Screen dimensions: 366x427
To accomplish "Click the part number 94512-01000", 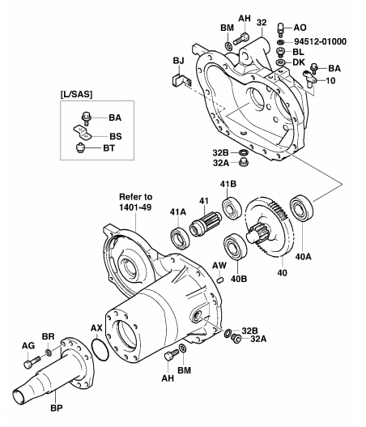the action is pyautogui.click(x=321, y=41).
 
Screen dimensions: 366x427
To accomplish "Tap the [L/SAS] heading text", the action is pyautogui.click(x=76, y=95).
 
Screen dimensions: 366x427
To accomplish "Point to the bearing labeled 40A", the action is pyautogui.click(x=301, y=208).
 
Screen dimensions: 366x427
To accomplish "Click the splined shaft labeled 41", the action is pyautogui.click(x=206, y=224).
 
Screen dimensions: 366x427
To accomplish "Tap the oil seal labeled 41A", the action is pyautogui.click(x=180, y=237).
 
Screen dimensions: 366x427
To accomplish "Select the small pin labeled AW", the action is pyautogui.click(x=221, y=280).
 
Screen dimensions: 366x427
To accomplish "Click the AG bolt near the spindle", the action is pyautogui.click(x=32, y=362).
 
